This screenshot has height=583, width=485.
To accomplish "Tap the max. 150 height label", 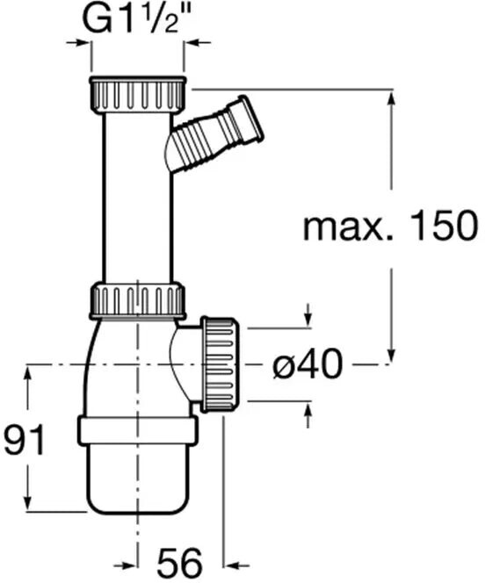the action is coord(390,226).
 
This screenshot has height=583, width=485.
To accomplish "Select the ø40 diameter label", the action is coord(308,364).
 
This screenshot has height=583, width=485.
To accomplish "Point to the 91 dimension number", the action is coord(25,439).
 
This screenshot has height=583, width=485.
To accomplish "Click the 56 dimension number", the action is coord(180,562).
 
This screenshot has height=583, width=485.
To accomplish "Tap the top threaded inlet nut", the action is coord(137,95).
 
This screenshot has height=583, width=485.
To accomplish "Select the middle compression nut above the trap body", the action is coord(137,301).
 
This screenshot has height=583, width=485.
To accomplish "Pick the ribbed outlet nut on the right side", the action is coord(220,364).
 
